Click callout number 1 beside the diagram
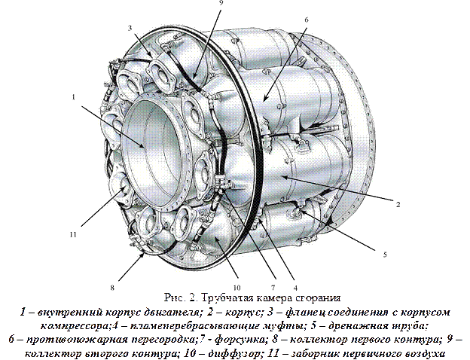[74, 97]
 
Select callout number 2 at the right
[398, 205]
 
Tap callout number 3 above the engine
[130, 28]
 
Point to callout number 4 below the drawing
[295, 288]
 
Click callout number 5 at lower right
[385, 255]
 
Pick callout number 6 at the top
[306, 20]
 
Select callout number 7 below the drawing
[273, 288]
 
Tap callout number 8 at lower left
[112, 288]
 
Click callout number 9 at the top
[221, 2]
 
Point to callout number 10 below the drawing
[237, 288]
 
